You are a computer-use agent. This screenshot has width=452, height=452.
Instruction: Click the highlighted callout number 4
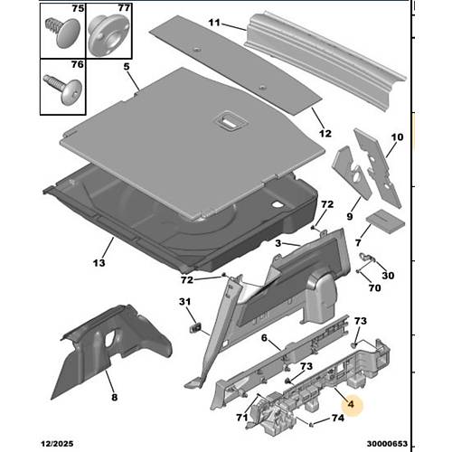click(x=351, y=404)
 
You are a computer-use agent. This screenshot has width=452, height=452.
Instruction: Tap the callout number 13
click(x=99, y=263)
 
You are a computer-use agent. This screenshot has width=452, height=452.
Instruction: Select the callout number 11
click(x=214, y=23)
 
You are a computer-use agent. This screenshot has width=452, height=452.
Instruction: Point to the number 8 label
click(x=115, y=397)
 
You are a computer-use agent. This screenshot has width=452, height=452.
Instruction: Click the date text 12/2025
click(x=57, y=444)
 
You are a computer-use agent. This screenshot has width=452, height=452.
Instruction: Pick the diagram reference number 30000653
click(x=387, y=444)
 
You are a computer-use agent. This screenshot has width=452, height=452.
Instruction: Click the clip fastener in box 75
click(x=63, y=33)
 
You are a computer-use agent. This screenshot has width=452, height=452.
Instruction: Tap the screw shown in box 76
click(x=63, y=89)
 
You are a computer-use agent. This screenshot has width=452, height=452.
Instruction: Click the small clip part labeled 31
click(x=195, y=327)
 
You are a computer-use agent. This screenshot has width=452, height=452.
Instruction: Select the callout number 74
click(x=338, y=418)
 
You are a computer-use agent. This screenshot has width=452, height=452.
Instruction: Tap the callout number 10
click(x=397, y=137)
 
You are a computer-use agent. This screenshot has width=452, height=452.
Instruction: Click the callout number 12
click(x=325, y=133)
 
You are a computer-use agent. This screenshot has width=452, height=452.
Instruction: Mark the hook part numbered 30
click(x=368, y=257)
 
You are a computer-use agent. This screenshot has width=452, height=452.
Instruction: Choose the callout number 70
click(x=374, y=288)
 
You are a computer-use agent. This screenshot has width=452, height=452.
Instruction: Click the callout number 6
click(x=264, y=338)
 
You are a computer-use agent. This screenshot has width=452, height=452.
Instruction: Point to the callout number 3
click(x=278, y=243)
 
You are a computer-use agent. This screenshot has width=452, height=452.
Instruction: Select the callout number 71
click(x=241, y=418)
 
